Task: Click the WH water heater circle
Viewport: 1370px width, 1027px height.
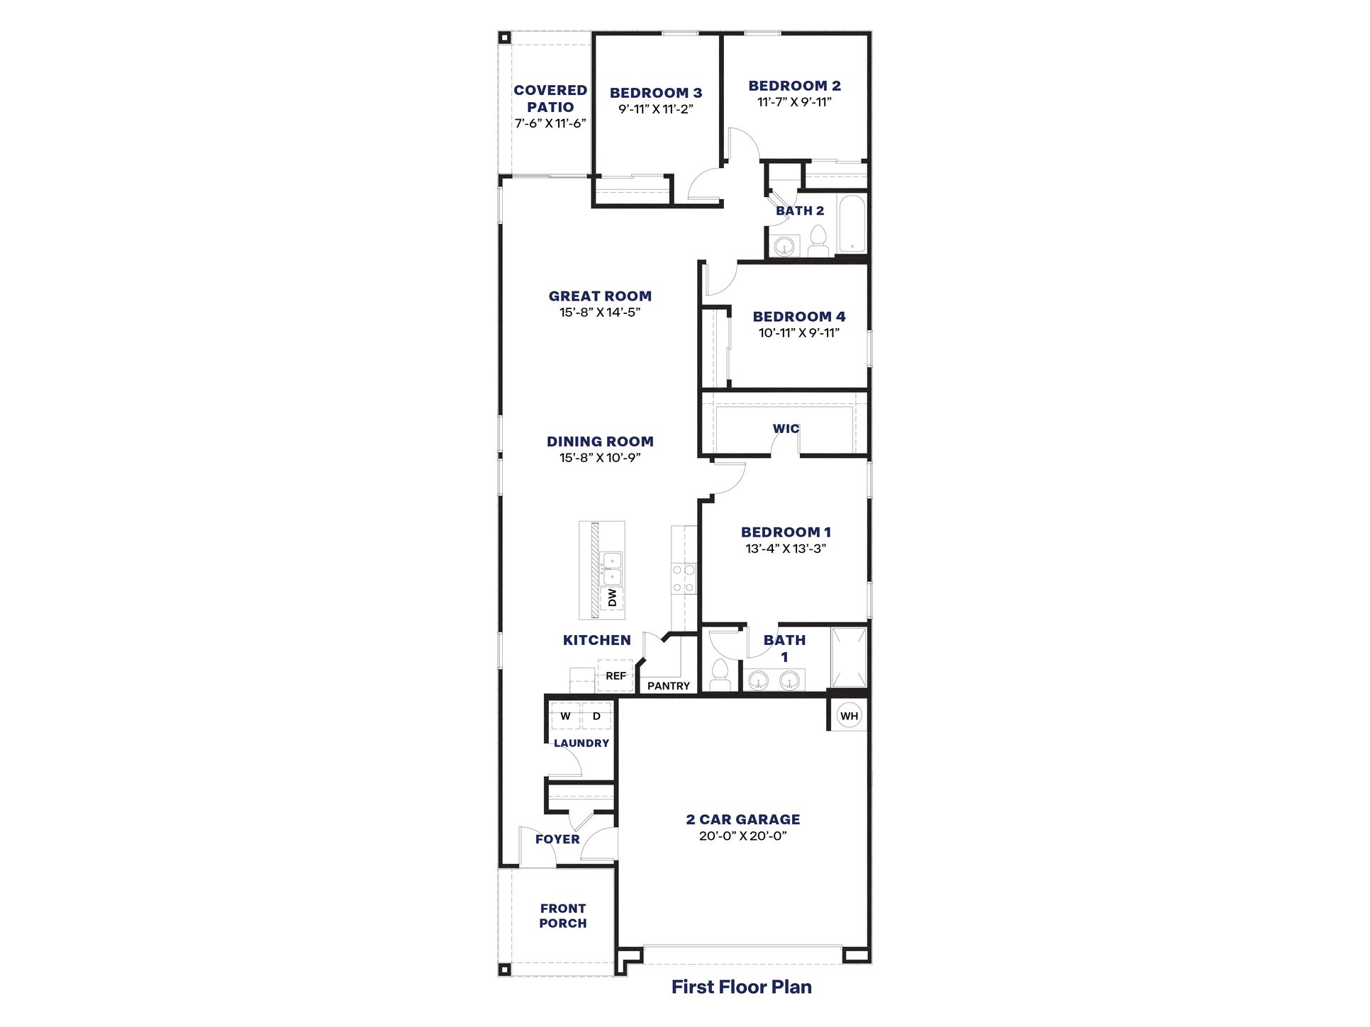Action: pos(849,716)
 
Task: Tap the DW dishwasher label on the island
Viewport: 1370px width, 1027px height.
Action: pos(612,597)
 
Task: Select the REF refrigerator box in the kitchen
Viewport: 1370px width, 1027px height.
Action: pos(615,676)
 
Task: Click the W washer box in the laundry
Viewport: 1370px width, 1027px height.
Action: pos(565,716)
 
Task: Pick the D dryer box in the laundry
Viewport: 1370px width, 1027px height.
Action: pos(596,716)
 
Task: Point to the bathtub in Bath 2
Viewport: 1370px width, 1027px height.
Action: pos(852,223)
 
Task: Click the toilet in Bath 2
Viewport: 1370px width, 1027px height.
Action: pos(818,242)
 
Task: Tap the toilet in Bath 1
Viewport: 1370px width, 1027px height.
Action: pos(720,675)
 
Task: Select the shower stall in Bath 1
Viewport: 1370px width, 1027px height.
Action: pos(849,657)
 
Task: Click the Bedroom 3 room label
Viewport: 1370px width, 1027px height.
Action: pos(656,93)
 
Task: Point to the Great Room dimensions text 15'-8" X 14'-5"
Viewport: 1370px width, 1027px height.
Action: pos(600,313)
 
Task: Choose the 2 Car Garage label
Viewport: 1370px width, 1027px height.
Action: pos(743,819)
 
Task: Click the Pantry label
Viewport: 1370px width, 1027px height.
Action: pos(668,686)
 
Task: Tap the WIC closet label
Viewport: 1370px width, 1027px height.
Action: pos(786,429)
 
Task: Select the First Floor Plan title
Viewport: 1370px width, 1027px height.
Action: pos(742,987)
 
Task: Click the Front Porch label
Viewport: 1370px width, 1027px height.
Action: pos(563,916)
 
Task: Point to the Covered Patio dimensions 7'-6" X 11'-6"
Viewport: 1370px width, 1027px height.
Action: pos(550,123)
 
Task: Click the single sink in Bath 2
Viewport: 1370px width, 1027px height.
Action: pos(784,247)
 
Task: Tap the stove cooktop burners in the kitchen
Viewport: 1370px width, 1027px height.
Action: pos(684,578)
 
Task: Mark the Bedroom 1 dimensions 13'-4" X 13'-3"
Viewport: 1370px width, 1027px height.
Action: pos(786,549)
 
